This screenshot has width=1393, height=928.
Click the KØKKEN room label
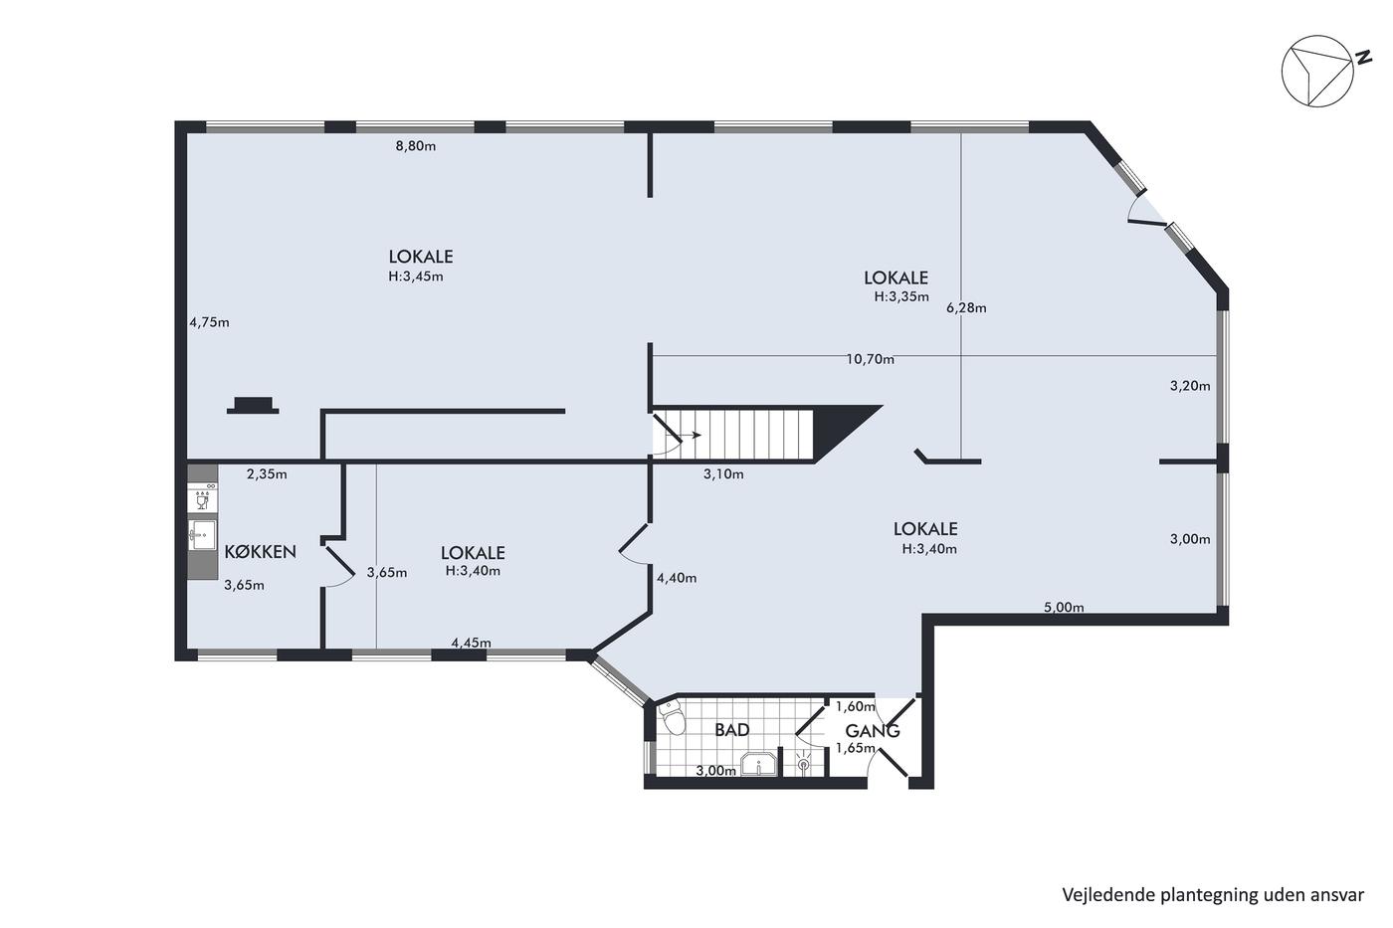coord(260,552)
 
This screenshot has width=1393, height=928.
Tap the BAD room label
coord(732,730)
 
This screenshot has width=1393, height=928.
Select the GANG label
coord(872,731)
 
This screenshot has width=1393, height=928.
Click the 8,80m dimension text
coord(416,146)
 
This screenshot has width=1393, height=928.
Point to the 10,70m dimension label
coord(870,359)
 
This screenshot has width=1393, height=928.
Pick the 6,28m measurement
coord(966,307)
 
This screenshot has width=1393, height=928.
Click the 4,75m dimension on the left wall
coord(210,322)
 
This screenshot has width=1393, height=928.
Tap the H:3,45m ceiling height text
coord(416,277)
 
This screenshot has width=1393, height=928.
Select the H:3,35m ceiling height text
coord(901,297)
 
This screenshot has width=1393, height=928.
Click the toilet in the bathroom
coord(672,718)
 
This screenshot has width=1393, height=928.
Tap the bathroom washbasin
coord(758,765)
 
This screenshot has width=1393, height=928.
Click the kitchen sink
coord(202,535)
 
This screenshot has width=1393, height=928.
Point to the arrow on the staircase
coord(689,435)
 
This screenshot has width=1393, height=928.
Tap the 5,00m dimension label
coord(1064,608)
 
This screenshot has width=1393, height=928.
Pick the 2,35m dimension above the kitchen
coord(267,474)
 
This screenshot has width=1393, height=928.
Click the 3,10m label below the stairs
coord(723,474)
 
